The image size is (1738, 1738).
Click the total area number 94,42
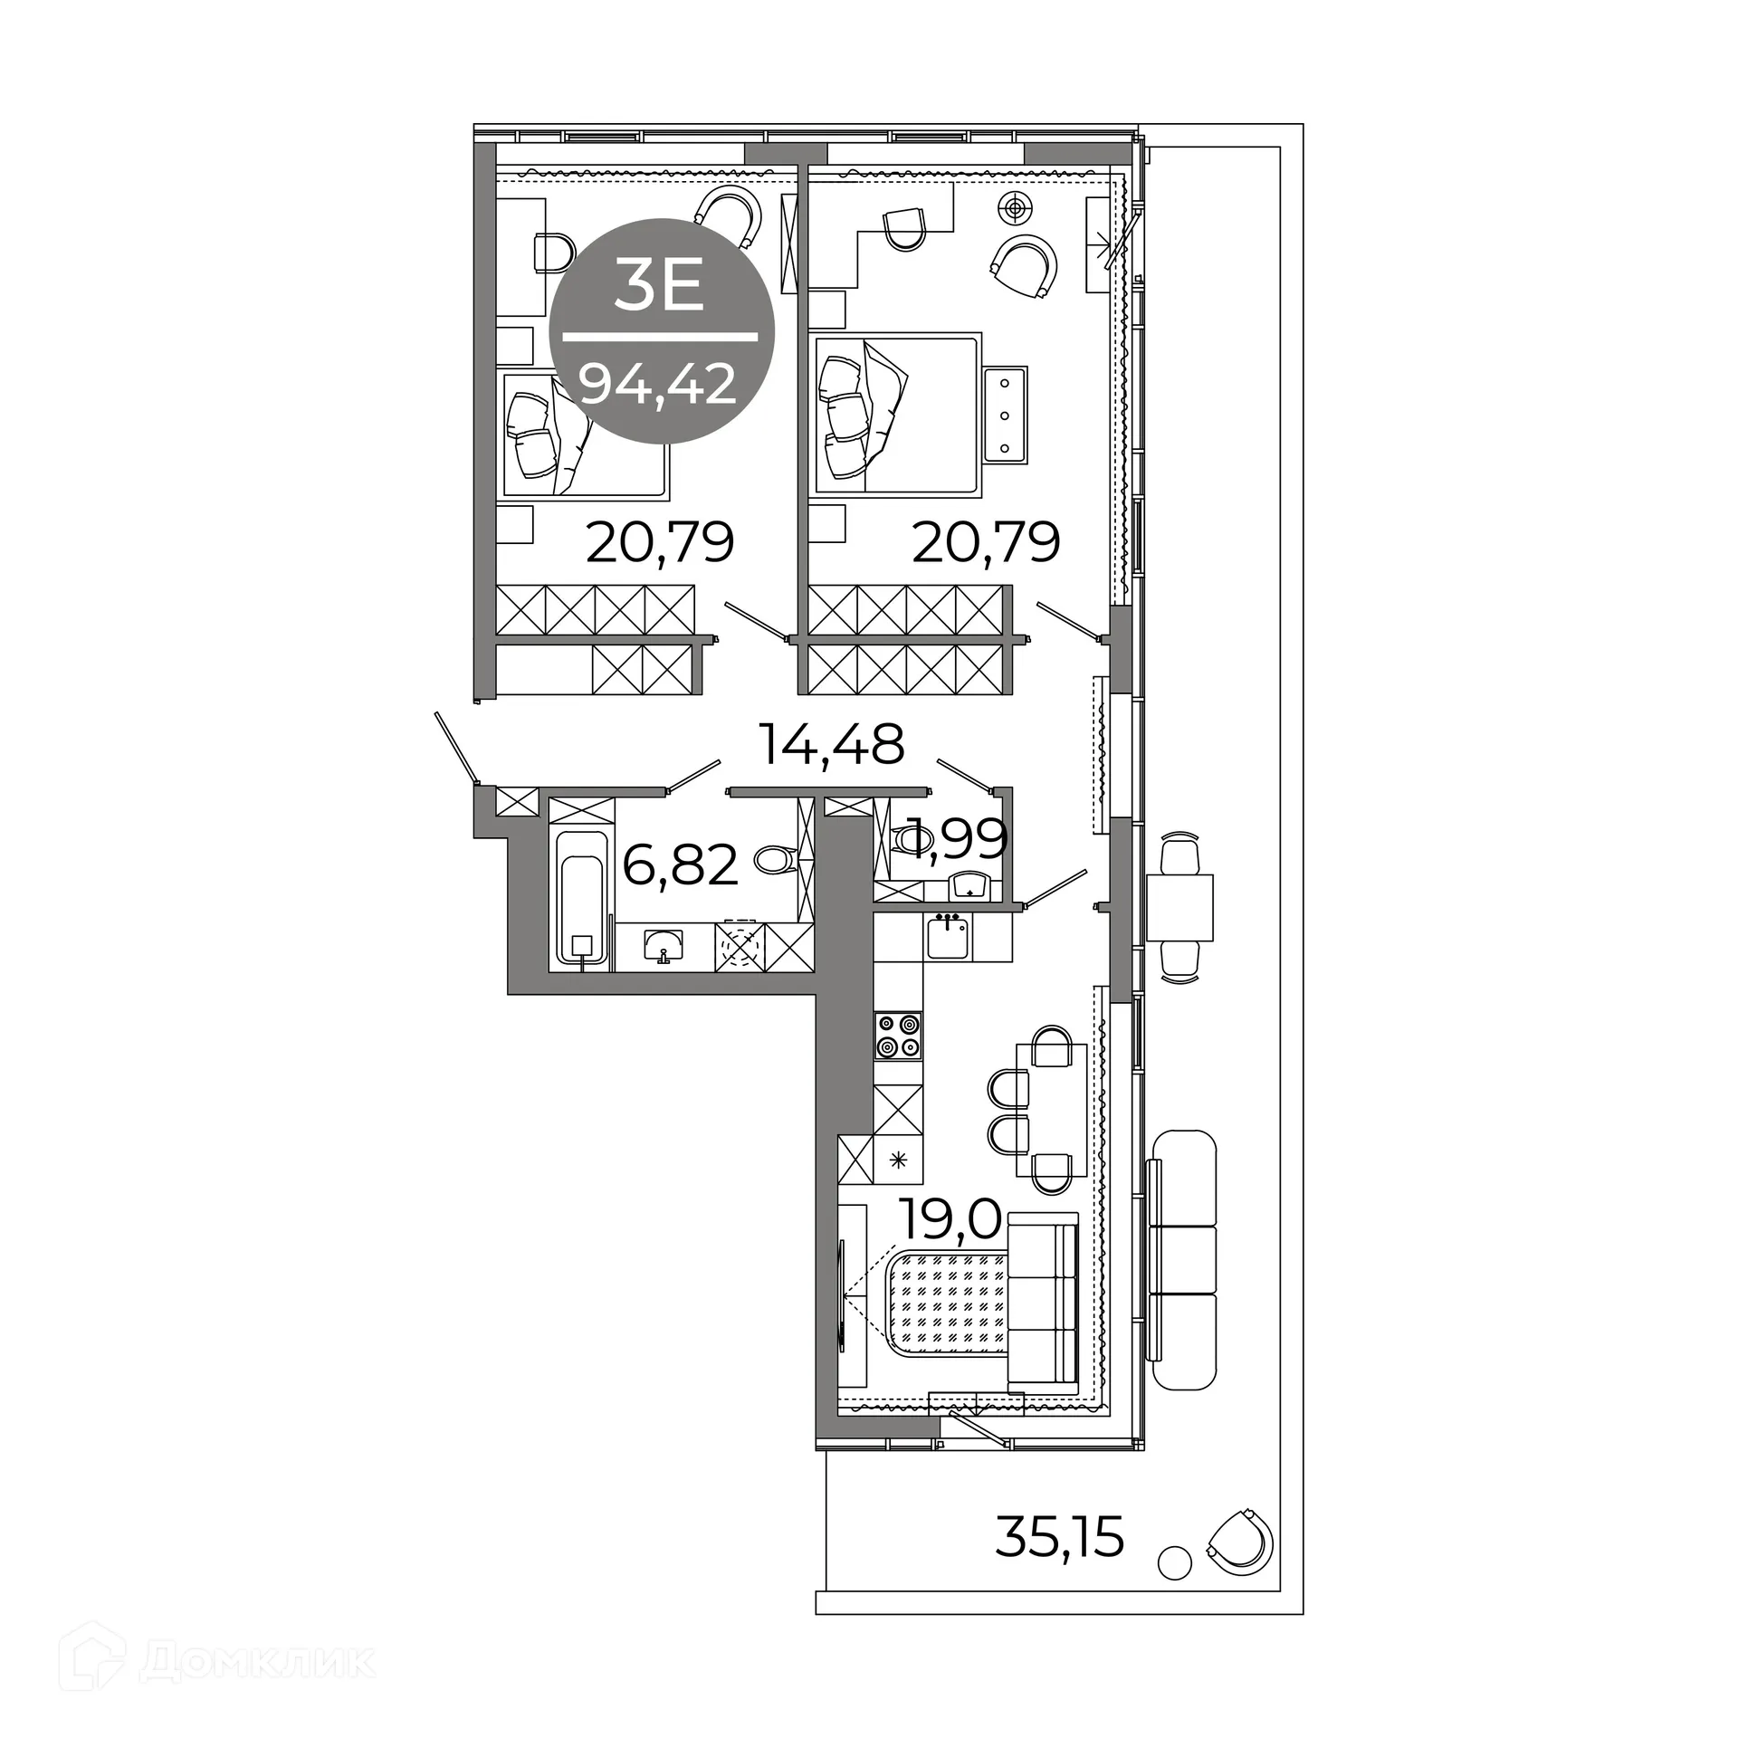point(659,385)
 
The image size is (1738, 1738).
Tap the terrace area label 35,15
point(1059,1536)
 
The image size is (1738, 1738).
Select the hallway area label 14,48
point(831,744)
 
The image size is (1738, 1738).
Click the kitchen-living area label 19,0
point(950,1218)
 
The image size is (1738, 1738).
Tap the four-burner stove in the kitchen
point(898,1036)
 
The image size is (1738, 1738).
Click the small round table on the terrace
point(1174,1561)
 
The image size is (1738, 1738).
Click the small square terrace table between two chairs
point(1179,908)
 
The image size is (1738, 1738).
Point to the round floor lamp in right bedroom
point(1016,208)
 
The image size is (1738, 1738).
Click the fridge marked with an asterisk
point(898,1160)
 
